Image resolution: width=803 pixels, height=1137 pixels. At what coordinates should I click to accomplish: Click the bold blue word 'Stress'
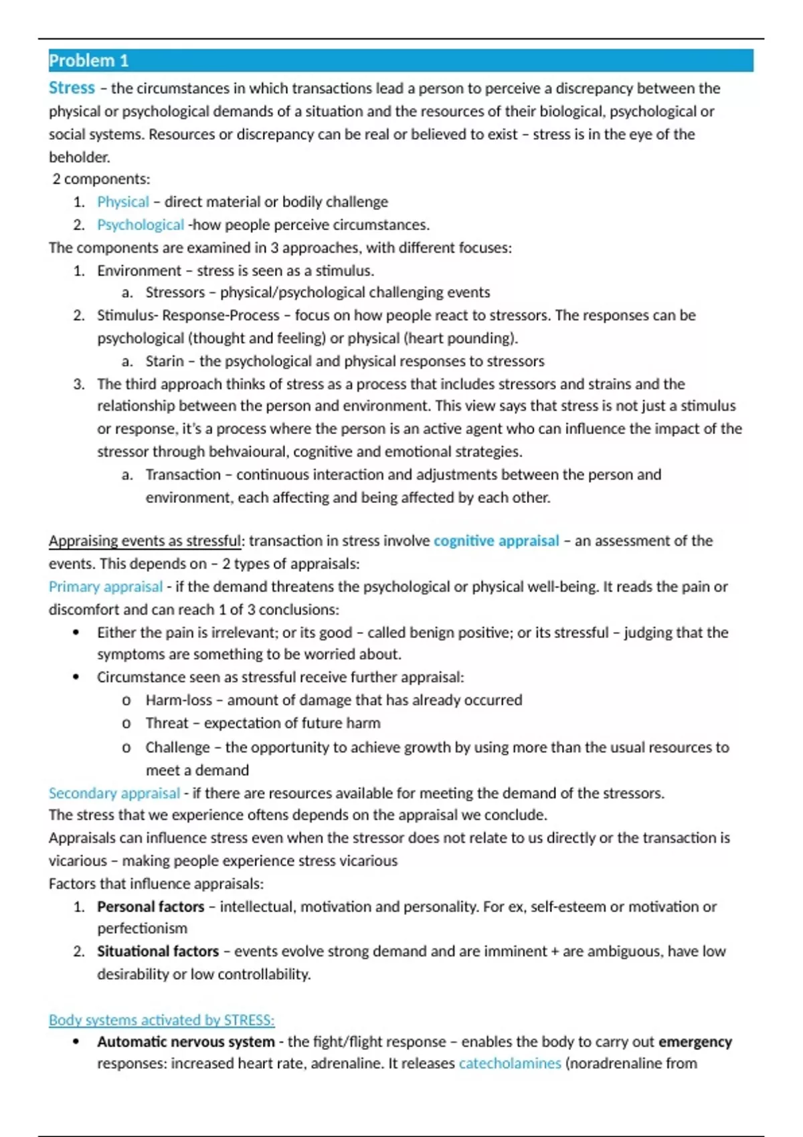(x=72, y=88)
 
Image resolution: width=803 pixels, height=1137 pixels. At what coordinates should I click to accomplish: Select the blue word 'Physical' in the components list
(x=123, y=202)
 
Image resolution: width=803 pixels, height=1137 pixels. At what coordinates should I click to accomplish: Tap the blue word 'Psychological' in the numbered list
(x=140, y=225)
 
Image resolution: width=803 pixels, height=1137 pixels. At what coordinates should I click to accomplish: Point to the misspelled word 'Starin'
(x=165, y=361)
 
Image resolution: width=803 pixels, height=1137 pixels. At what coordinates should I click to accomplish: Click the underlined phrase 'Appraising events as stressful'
(x=145, y=540)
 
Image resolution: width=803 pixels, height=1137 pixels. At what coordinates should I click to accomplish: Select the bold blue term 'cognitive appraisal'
(x=496, y=540)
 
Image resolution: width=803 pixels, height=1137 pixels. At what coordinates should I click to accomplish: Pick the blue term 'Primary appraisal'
(x=106, y=587)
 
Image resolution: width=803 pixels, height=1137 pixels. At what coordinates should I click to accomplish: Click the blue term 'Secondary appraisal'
(x=114, y=793)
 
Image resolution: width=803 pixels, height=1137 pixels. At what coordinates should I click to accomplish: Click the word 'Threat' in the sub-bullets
(x=167, y=723)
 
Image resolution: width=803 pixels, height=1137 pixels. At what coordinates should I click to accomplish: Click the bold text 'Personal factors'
(x=151, y=907)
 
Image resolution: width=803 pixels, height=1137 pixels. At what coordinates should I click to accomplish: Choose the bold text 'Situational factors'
(x=158, y=951)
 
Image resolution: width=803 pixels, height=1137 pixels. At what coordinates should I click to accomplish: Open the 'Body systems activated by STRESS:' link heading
(x=161, y=1020)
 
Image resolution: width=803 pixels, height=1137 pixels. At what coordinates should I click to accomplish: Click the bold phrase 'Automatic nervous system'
(x=185, y=1042)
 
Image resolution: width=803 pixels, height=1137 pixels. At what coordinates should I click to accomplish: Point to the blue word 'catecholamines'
(x=510, y=1063)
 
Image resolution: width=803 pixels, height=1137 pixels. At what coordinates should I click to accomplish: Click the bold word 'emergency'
(x=695, y=1042)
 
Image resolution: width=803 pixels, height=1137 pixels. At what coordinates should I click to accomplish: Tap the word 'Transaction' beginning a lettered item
(x=183, y=475)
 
